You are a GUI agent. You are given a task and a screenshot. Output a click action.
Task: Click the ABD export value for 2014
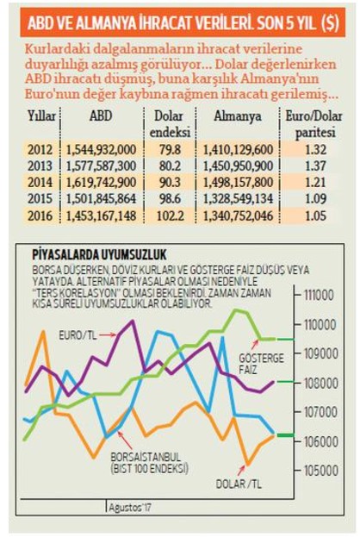tap(102, 182)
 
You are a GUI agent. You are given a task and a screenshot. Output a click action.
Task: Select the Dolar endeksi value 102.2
tap(170, 215)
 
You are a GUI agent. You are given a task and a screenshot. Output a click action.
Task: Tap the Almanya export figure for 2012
tap(239, 150)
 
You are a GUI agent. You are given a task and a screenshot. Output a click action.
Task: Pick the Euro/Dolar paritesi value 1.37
tap(315, 165)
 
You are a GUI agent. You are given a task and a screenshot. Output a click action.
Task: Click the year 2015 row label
tap(40, 198)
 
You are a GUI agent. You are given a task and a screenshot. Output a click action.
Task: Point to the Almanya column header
tap(238, 116)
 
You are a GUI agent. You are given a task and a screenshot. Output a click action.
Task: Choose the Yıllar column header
tap(41, 116)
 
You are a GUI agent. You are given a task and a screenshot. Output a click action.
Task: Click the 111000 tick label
tap(319, 295)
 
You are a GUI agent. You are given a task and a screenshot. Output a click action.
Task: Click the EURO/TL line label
tap(78, 335)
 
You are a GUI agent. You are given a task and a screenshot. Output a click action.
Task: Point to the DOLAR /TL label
tap(239, 484)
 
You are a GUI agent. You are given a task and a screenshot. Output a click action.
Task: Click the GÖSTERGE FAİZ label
tap(262, 364)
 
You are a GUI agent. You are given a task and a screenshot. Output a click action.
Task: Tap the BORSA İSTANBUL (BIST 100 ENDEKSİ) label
tap(149, 463)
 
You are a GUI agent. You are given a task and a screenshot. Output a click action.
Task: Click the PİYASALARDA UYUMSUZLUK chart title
tap(100, 255)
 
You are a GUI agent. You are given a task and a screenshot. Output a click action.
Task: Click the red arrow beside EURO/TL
tap(108, 334)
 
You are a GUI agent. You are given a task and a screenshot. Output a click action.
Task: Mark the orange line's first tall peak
tap(43, 331)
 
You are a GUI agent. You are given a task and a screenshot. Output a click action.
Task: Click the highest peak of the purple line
tap(132, 322)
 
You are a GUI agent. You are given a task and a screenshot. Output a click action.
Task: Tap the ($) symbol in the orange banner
tap(330, 23)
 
